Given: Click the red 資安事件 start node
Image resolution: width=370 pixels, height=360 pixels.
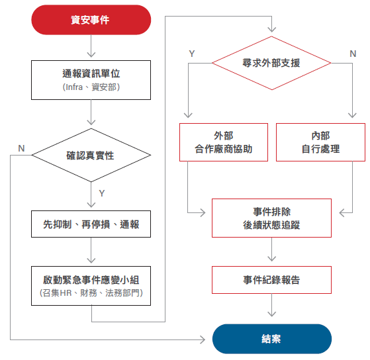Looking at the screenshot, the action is click(91, 20).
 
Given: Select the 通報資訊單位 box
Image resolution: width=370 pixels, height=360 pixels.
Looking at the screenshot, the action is click(91, 80).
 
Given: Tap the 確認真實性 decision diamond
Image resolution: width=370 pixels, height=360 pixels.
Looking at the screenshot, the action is click(91, 156).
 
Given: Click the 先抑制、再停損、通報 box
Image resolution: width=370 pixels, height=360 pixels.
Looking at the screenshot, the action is click(91, 224).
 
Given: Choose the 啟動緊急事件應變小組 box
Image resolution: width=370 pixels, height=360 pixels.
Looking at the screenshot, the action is click(91, 286).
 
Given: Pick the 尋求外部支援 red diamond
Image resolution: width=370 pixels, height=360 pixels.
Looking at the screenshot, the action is click(271, 63).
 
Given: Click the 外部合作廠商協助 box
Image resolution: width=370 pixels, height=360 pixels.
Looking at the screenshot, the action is click(224, 142).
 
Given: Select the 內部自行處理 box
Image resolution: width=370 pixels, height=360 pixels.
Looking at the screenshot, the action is click(320, 142).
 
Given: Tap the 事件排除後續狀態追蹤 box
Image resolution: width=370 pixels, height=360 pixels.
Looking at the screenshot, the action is click(271, 218).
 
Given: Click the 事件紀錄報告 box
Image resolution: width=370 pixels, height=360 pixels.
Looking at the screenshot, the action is click(271, 280).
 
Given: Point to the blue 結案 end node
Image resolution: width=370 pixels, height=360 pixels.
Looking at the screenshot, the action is click(272, 339).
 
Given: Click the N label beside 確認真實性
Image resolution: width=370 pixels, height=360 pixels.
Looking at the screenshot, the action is click(21, 148).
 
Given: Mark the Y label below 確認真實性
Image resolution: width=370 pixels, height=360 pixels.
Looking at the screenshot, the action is click(102, 193).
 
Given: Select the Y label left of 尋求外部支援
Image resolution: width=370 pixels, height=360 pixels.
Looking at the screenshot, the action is click(192, 54).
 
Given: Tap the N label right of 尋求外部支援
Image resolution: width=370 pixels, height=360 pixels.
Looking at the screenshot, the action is click(353, 54).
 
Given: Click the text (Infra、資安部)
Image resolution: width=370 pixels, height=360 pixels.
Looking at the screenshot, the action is click(91, 87).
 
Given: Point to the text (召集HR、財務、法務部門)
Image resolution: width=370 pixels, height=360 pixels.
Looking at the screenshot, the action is click(91, 293).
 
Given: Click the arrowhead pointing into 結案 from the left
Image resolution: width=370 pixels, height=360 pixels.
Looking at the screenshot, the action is click(203, 339).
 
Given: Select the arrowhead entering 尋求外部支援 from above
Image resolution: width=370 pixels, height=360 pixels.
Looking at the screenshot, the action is click(272, 29).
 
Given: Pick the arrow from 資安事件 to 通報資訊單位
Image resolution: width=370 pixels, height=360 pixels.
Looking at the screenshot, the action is click(91, 46).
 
